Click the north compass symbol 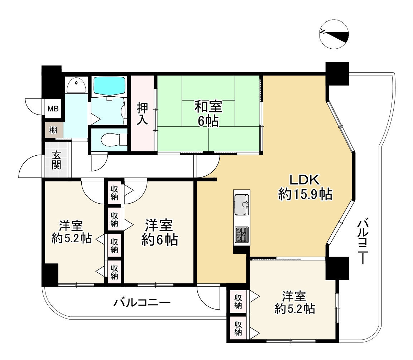(x=334, y=34)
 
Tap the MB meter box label (x=53, y=108)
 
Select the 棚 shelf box (x=54, y=130)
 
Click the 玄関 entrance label (x=56, y=160)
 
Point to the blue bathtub (x=109, y=86)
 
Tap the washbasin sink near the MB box (x=76, y=84)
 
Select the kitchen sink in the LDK (x=242, y=204)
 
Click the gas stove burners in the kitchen (x=242, y=234)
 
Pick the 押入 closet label (x=142, y=114)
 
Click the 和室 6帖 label (x=208, y=114)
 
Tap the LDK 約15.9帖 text (x=305, y=187)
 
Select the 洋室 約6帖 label (x=159, y=232)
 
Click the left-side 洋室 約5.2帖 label (x=71, y=232)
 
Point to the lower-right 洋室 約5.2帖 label (x=294, y=302)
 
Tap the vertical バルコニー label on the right (x=363, y=241)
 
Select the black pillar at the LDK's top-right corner (x=337, y=74)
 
